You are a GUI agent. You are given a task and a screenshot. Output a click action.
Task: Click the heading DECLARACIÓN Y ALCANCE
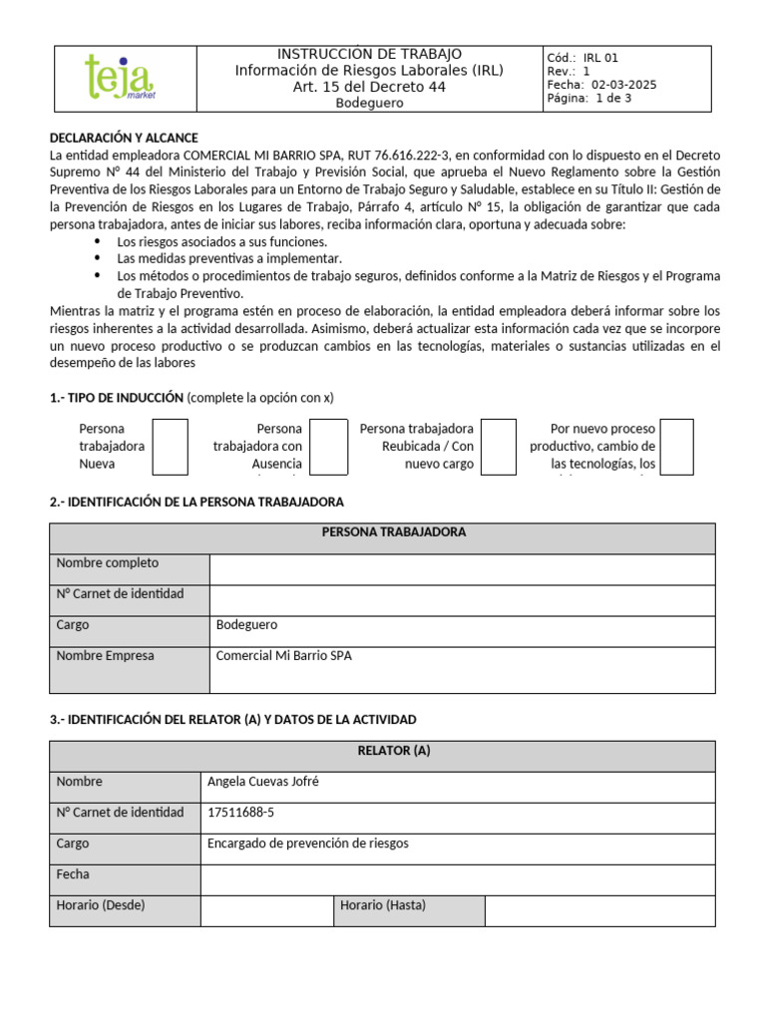point(124,138)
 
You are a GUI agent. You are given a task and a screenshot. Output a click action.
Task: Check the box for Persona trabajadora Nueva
point(170,446)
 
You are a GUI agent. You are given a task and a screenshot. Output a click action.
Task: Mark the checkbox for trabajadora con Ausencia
point(328,446)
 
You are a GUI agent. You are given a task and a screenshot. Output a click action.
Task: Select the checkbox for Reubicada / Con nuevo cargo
point(499,446)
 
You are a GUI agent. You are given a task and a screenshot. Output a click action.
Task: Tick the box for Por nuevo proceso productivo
point(677,446)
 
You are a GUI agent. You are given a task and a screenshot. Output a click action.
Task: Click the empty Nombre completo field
point(462,569)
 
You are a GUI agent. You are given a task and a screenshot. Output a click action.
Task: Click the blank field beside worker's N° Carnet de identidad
point(462,600)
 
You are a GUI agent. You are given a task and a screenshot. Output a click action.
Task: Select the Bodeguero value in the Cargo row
point(246,625)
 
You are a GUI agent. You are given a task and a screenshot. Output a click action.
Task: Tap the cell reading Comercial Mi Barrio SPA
point(283,656)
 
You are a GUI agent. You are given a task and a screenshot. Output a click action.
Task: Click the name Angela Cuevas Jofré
point(262,782)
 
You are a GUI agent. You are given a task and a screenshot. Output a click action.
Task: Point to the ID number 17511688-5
point(240,813)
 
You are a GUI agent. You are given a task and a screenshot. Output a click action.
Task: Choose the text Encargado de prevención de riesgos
point(307,844)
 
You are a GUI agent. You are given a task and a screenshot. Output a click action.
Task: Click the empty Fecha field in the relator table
point(457,879)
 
